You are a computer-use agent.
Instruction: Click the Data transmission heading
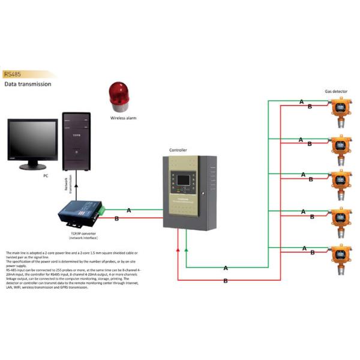(x=28, y=85)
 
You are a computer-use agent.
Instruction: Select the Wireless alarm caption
(x=123, y=118)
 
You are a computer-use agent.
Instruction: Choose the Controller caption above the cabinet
(x=179, y=150)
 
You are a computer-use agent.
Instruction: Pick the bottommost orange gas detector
(x=340, y=255)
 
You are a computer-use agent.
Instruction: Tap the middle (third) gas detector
(x=340, y=182)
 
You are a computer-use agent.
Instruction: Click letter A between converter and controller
(x=129, y=210)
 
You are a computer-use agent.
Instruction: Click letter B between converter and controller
(x=116, y=219)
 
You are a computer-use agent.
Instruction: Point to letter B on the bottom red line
(x=226, y=281)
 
